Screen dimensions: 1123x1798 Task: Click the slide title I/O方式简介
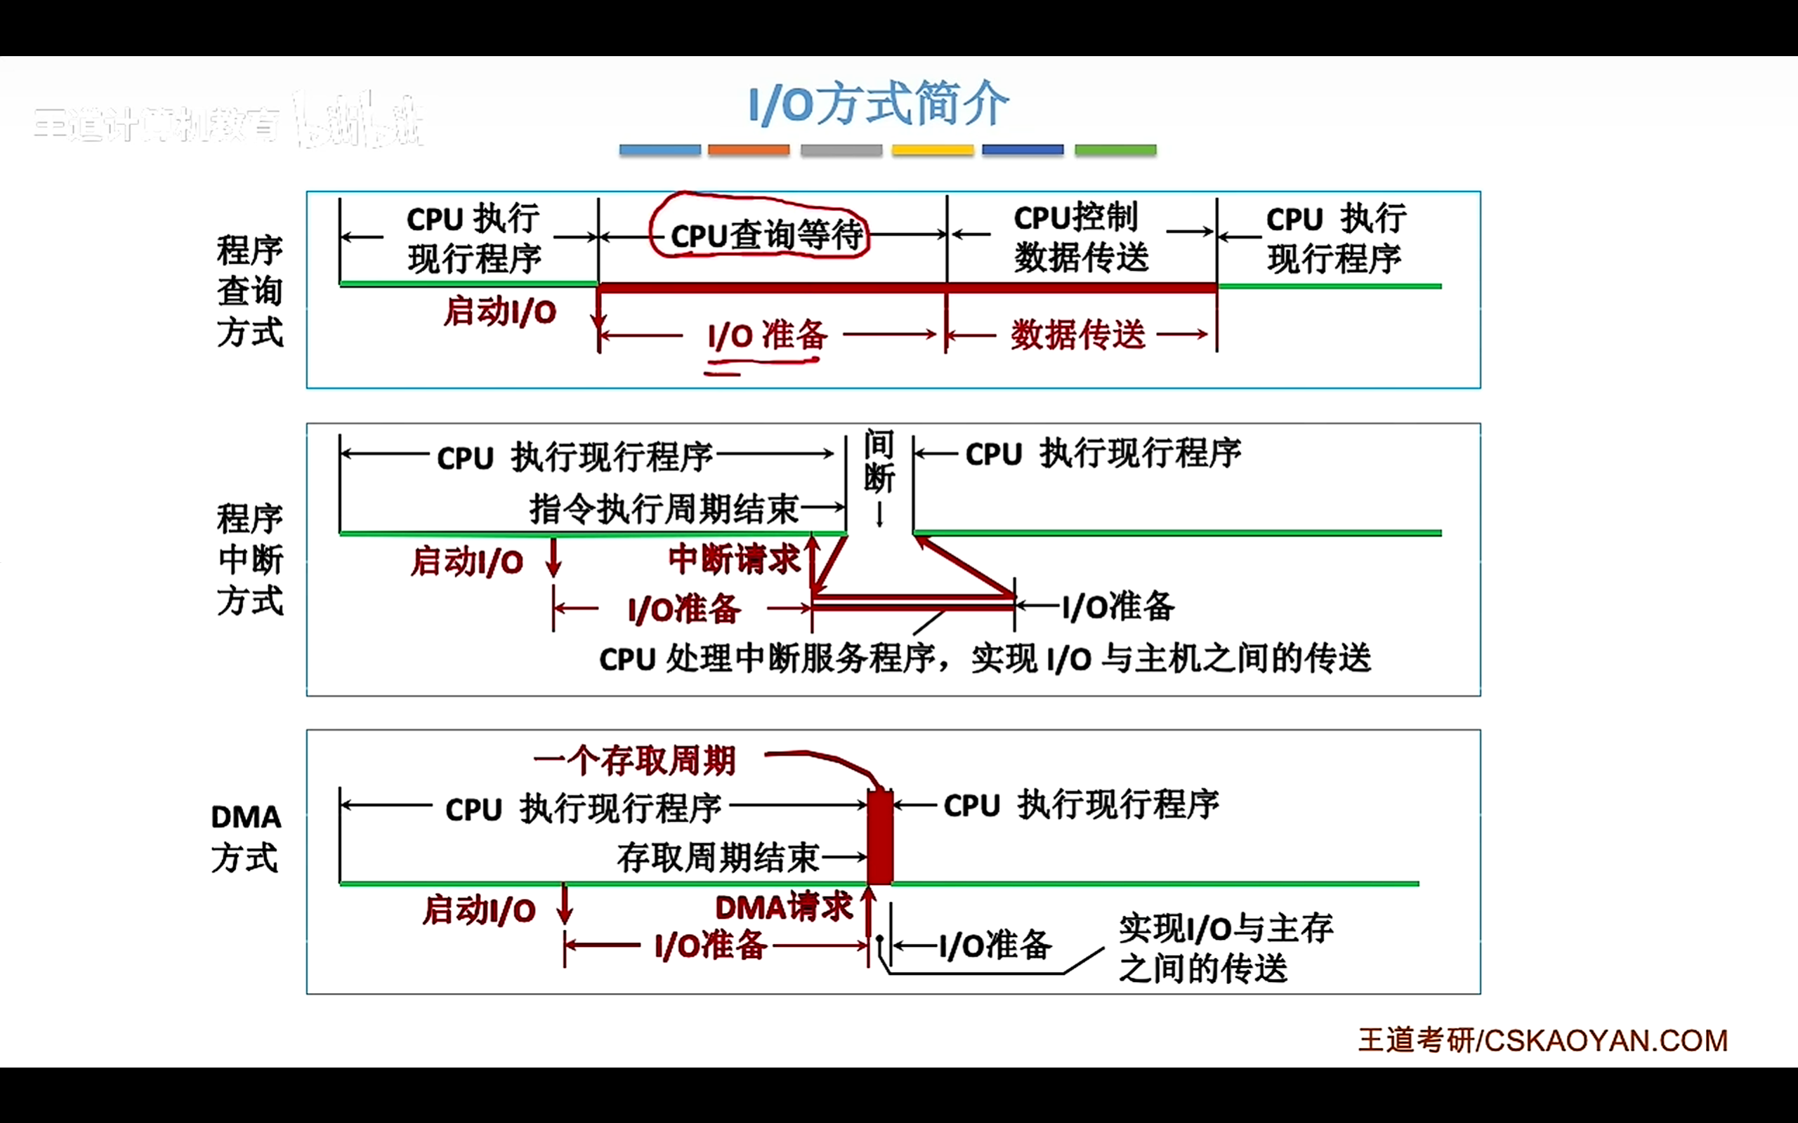click(878, 105)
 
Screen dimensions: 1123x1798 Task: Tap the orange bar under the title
click(748, 150)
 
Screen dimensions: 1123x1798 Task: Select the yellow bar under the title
click(933, 150)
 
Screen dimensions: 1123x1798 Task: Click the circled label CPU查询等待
click(766, 235)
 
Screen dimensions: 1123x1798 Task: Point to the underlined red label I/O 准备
click(767, 335)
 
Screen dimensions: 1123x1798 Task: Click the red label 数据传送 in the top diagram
click(1077, 335)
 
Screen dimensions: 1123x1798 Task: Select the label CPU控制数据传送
click(1080, 238)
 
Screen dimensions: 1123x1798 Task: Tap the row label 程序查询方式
click(249, 291)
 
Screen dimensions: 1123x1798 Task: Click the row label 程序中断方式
click(249, 559)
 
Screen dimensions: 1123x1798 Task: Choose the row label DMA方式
click(246, 837)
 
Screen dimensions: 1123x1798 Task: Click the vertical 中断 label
click(879, 462)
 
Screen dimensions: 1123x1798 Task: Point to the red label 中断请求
click(733, 559)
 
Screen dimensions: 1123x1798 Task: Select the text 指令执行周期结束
click(664, 510)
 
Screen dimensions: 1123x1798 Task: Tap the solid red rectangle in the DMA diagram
click(879, 838)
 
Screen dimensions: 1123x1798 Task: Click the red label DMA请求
click(784, 908)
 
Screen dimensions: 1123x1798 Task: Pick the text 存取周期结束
click(718, 858)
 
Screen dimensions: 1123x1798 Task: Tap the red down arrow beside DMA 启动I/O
click(565, 904)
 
